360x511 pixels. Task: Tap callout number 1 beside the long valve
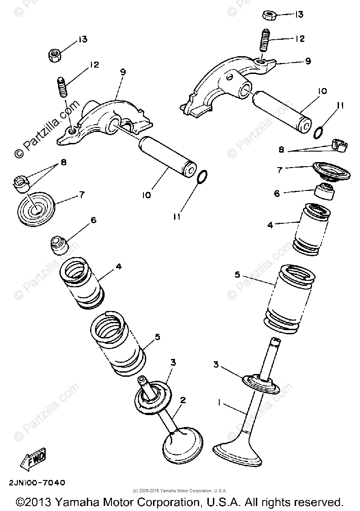(x=220, y=403)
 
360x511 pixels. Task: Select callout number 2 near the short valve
(x=183, y=400)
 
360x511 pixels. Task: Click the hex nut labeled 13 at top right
(x=269, y=15)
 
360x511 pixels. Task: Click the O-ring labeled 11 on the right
(x=320, y=132)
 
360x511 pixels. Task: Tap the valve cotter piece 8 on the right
(x=339, y=145)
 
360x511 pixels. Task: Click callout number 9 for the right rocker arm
(x=308, y=61)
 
